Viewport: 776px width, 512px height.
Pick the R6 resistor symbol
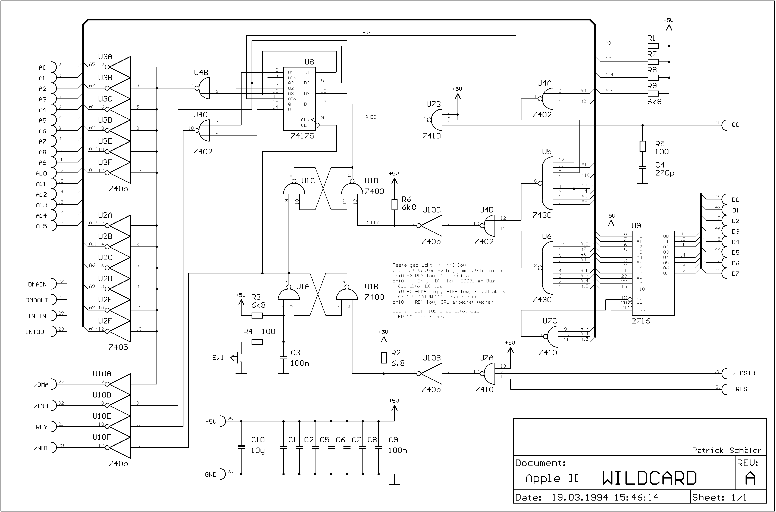click(394, 204)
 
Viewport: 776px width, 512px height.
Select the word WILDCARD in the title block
click(649, 478)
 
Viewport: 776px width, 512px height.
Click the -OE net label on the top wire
click(367, 32)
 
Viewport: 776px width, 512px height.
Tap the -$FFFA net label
click(371, 223)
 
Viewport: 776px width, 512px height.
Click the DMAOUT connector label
click(37, 300)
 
